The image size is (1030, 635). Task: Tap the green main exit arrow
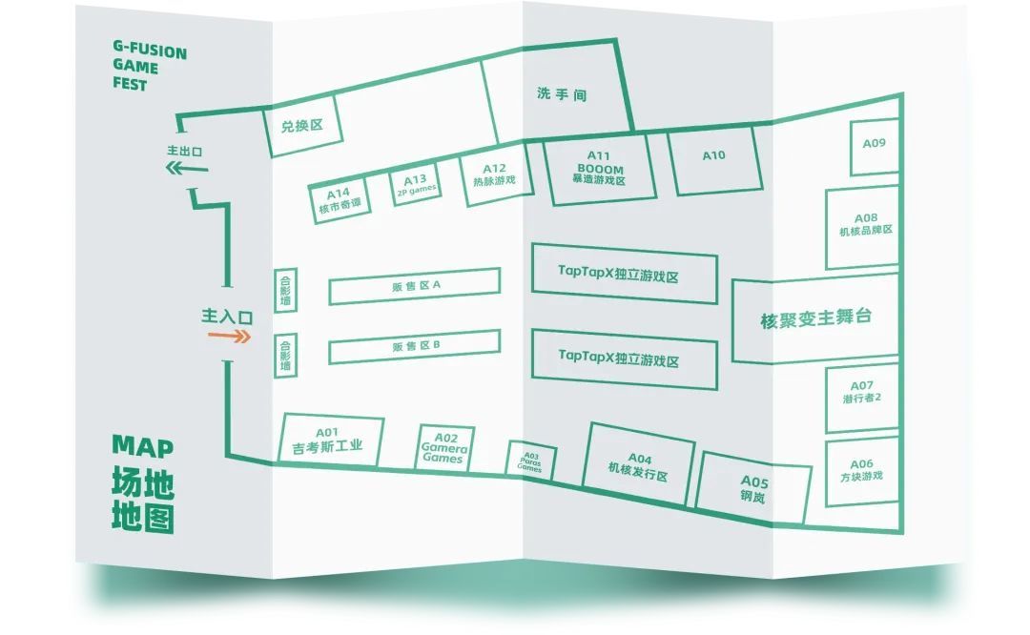pyautogui.click(x=186, y=169)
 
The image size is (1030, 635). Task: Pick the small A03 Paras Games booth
pyautogui.click(x=531, y=461)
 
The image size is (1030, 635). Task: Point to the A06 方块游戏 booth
pyautogui.click(x=862, y=470)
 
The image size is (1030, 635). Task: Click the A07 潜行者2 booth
pyautogui.click(x=862, y=397)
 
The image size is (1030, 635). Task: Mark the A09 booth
pyautogui.click(x=874, y=146)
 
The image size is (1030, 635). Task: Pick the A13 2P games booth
pyautogui.click(x=417, y=184)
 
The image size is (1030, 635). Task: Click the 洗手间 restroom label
pyautogui.click(x=561, y=94)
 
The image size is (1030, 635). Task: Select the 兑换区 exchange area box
pyautogui.click(x=302, y=127)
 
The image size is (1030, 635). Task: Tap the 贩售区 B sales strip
pyautogui.click(x=415, y=346)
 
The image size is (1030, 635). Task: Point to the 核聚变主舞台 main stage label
pyautogui.click(x=815, y=318)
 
